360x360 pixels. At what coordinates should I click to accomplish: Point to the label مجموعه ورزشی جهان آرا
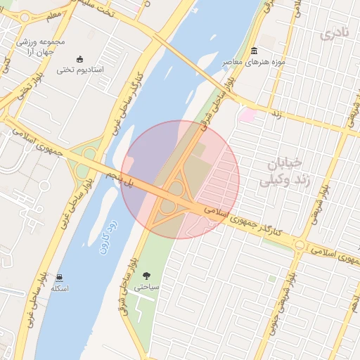tap(41, 46)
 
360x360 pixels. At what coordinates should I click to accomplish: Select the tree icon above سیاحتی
tap(146, 276)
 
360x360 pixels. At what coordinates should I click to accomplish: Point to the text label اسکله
tap(58, 289)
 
